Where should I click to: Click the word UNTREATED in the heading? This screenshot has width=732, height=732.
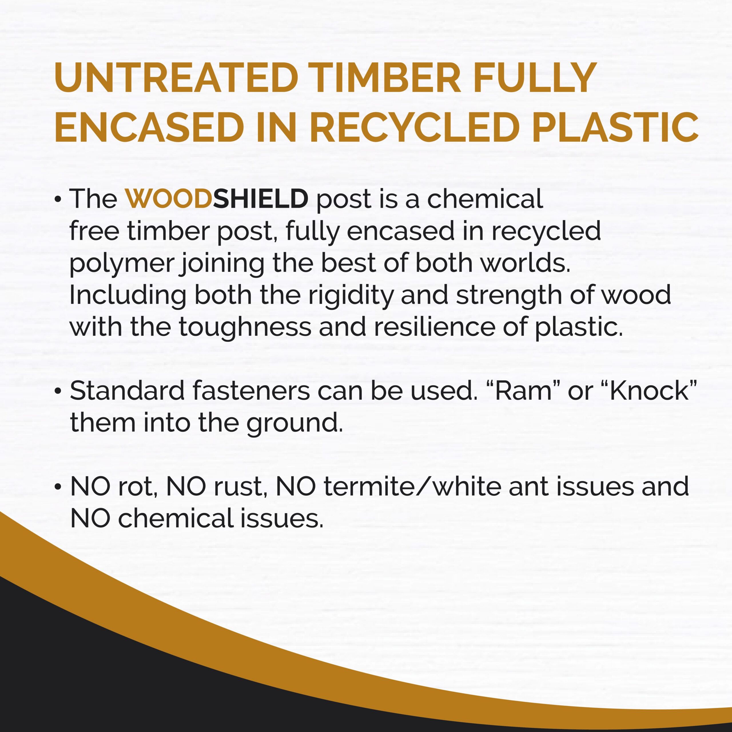point(176,78)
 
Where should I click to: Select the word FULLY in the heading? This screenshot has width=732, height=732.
point(535,78)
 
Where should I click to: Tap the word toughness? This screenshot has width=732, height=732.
point(245,327)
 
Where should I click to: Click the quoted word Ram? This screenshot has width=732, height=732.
point(523,391)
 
